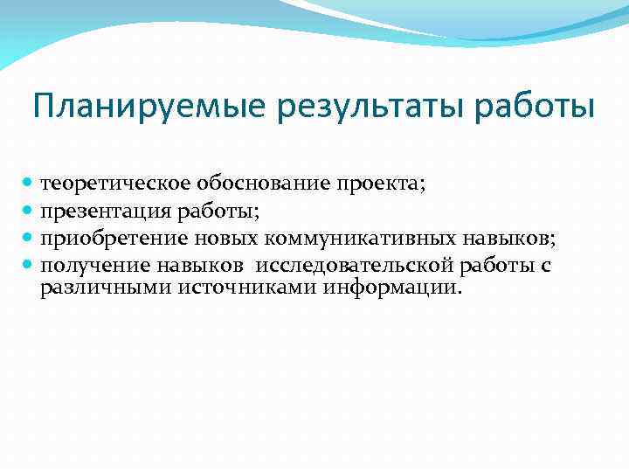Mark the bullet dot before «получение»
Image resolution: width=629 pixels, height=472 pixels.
28,265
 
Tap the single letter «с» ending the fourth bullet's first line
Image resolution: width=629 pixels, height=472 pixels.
545,266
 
